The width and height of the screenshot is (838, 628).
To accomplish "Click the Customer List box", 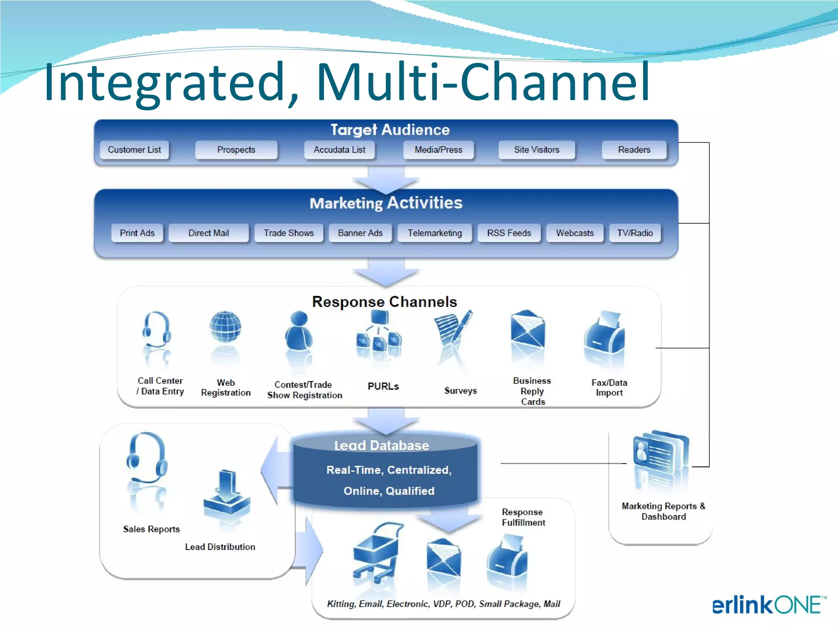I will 134,150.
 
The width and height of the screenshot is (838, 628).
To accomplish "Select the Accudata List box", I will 339,150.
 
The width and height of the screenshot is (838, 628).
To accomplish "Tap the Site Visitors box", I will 536,150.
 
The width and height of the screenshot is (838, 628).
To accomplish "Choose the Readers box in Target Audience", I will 634,150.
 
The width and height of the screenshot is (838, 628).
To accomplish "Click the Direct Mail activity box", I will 208,233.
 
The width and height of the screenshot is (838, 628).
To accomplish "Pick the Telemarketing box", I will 435,233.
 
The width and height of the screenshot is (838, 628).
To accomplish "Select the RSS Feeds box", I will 509,233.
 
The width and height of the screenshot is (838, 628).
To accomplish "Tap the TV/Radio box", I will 635,233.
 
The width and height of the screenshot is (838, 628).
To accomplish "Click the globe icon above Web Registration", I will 225,327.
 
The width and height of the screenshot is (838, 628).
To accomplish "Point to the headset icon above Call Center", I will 156,330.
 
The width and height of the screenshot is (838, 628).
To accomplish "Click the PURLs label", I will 383,386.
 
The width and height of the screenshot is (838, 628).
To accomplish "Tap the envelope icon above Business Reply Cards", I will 528,329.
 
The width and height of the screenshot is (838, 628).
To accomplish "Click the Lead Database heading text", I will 381,445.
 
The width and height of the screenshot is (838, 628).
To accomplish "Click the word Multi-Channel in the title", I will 483,81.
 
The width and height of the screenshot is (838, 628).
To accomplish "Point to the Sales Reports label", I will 151,529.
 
